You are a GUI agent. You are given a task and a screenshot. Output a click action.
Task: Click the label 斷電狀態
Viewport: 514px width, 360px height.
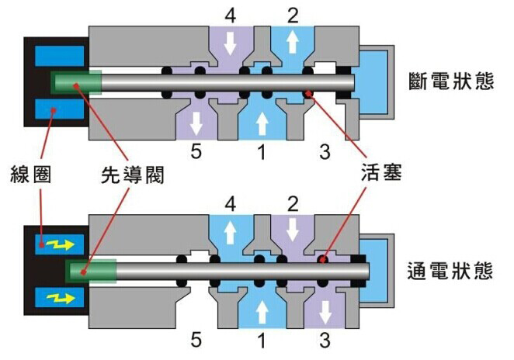(450, 81)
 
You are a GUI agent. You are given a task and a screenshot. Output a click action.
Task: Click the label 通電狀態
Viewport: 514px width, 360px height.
(450, 272)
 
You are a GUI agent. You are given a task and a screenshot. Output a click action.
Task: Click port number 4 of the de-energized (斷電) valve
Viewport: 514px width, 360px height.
(230, 15)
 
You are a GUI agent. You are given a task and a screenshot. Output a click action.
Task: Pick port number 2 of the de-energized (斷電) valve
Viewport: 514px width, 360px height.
(293, 15)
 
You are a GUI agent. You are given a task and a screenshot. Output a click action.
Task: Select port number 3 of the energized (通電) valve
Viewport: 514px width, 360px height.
(325, 340)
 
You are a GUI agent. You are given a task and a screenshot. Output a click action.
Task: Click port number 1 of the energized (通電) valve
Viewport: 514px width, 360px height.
(261, 340)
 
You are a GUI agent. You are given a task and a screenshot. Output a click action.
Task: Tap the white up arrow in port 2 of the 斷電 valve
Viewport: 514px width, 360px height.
(292, 43)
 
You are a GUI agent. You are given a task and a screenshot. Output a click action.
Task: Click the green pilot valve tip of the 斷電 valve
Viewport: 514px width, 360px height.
(76, 81)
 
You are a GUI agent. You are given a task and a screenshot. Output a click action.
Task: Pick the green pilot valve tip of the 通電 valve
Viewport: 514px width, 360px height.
(92, 270)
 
